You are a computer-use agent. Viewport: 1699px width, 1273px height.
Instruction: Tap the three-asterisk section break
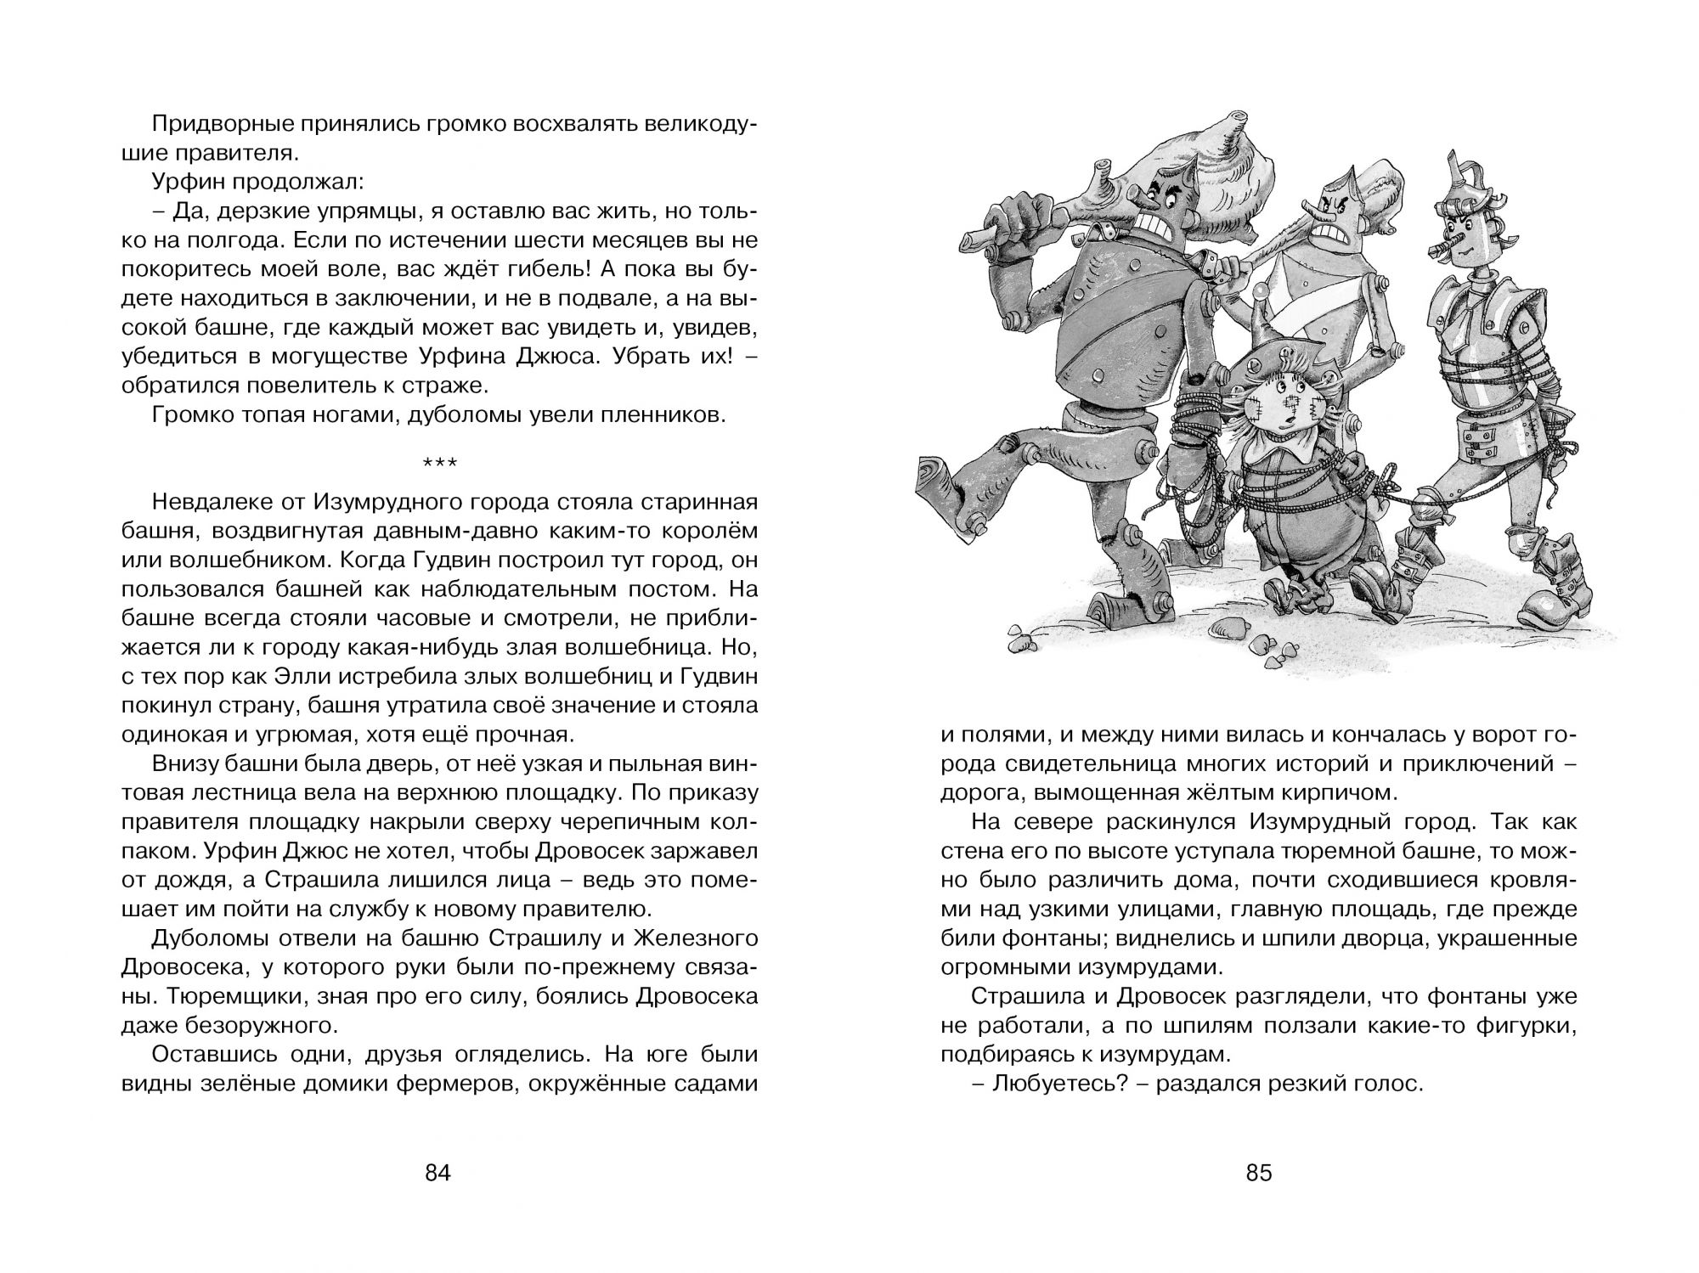pos(439,464)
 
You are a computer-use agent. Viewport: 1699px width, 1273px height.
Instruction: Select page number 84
pos(437,1174)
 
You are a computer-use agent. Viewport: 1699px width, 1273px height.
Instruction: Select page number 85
pos(1259,1174)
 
